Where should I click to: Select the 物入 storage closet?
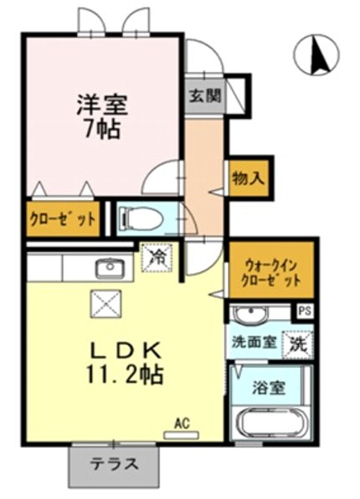(249, 177)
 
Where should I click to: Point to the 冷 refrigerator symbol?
(157, 257)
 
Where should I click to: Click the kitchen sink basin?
(109, 269)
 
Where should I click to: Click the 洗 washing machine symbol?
(297, 343)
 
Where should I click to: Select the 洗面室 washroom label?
(254, 342)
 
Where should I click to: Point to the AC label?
(182, 424)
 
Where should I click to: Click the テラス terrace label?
(115, 465)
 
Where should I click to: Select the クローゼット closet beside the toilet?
(63, 220)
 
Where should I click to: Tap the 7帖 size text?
(103, 129)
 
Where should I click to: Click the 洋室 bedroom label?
(102, 105)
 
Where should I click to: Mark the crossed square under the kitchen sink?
(105, 301)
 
